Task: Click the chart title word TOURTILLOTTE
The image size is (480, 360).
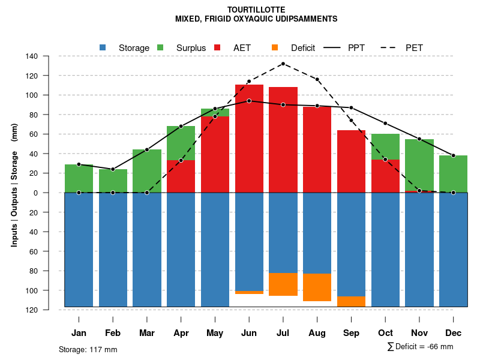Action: click(256, 10)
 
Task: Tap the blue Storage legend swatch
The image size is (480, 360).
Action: click(103, 47)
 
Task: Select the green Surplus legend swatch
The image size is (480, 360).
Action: click(160, 47)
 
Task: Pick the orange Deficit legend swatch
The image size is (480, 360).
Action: click(275, 47)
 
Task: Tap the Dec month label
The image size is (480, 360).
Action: click(453, 333)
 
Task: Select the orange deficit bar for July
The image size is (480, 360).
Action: click(283, 284)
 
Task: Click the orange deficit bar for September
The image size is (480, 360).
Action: click(351, 301)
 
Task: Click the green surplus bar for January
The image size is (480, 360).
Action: click(79, 178)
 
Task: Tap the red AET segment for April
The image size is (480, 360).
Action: click(181, 176)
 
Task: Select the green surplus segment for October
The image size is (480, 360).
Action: click(385, 146)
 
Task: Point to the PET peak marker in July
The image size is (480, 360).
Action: click(283, 64)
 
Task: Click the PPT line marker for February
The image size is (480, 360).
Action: click(113, 169)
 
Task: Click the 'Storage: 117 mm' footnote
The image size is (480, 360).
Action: click(88, 349)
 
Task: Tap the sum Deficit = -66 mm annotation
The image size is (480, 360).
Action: click(420, 347)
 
